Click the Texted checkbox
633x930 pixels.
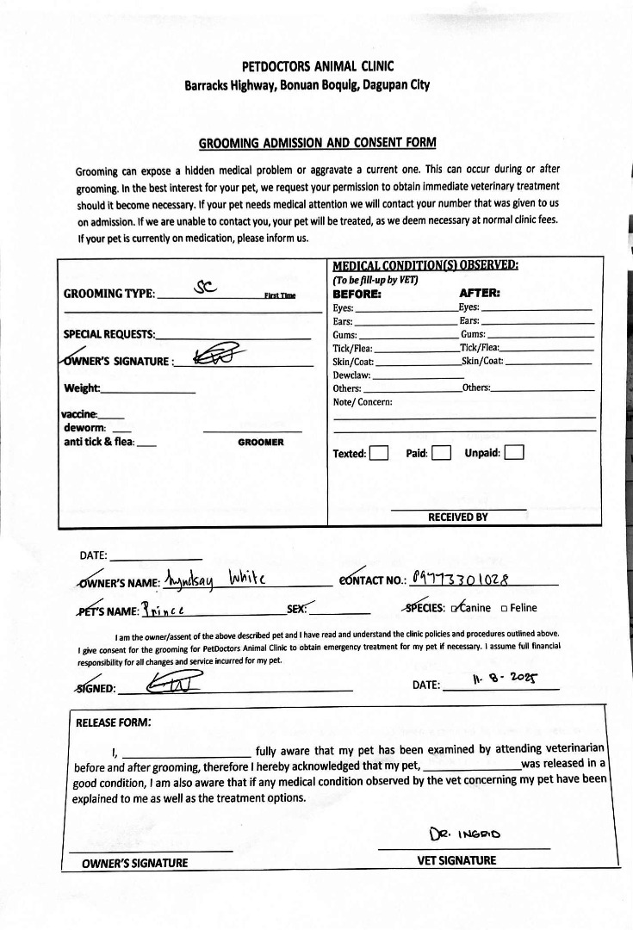[x=379, y=453]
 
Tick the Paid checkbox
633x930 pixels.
[x=441, y=453]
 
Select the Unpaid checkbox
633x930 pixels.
[x=514, y=453]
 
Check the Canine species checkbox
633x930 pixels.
[x=456, y=608]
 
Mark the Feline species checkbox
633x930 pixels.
[x=504, y=608]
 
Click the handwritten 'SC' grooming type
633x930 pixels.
[x=206, y=288]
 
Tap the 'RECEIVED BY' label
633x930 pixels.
[x=458, y=517]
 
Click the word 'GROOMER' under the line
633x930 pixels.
[x=260, y=442]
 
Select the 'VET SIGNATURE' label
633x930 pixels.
[x=456, y=860]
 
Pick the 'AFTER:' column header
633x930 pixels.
[x=480, y=293]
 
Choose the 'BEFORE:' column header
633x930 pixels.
[x=357, y=293]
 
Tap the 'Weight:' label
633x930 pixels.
[x=82, y=388]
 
